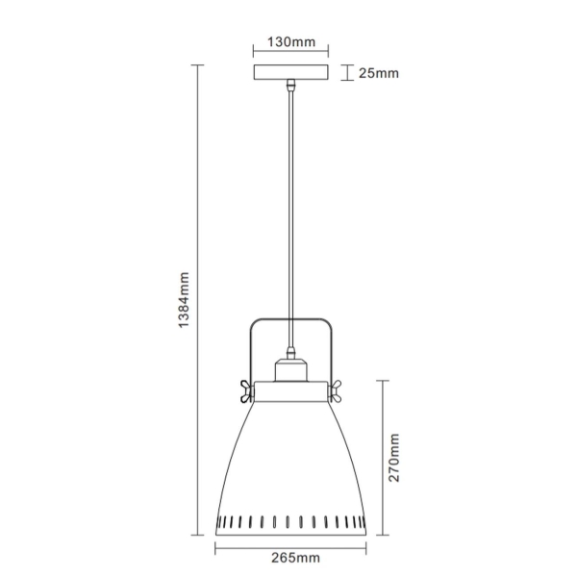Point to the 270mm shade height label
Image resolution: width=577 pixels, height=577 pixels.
point(393,458)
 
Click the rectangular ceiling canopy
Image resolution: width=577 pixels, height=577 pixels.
point(289,73)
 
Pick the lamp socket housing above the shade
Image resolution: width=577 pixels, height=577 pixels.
point(290,369)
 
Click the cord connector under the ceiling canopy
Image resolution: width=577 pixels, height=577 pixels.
point(289,88)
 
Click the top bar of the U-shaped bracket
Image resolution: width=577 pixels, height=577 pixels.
point(290,319)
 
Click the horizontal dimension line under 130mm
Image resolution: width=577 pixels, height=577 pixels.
point(289,53)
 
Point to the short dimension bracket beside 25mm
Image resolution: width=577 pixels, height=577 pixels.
point(345,73)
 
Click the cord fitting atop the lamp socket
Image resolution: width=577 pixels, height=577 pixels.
point(290,351)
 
